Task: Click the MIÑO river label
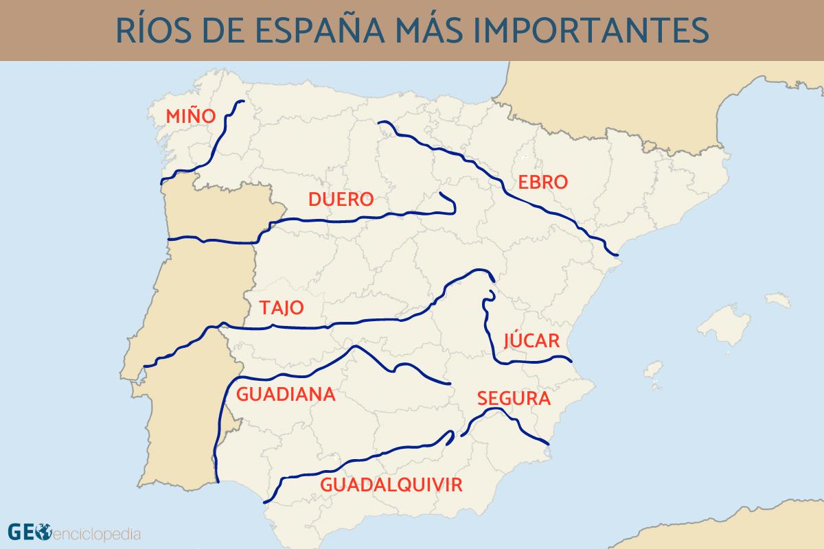[x=191, y=116]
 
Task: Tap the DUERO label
[x=341, y=200]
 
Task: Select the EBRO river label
[x=543, y=183]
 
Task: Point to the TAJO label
[x=282, y=307]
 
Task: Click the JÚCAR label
[x=532, y=341]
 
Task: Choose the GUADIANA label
[x=286, y=395]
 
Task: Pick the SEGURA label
[x=514, y=398]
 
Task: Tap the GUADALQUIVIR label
[x=391, y=485]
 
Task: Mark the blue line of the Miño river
[x=218, y=137]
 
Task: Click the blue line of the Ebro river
[x=481, y=168]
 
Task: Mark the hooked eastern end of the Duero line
[x=450, y=201]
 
